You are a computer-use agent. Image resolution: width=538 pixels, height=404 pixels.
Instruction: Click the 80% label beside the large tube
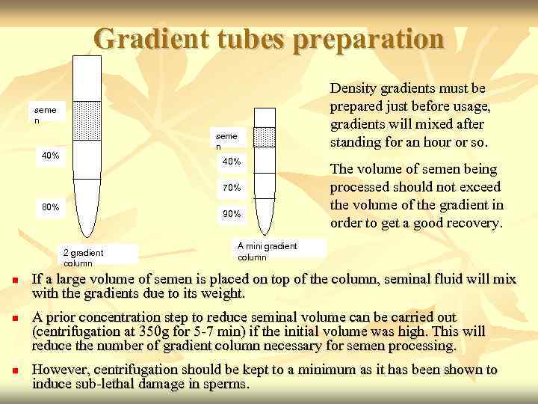point(49,207)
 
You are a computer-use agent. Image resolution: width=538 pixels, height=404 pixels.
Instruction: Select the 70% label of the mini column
point(232,187)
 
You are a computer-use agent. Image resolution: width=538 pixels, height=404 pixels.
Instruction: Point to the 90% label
point(232,214)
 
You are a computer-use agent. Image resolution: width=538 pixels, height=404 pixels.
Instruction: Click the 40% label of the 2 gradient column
point(50,156)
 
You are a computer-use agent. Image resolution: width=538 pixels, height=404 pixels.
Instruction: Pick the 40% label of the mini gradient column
point(232,162)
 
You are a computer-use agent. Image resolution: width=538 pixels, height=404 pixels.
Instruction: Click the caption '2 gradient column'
point(84,257)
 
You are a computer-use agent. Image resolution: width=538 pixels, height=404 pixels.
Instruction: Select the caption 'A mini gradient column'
point(267,251)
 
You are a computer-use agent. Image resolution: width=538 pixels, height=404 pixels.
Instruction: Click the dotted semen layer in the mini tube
point(262,138)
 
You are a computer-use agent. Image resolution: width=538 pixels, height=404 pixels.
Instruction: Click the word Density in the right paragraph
point(356,89)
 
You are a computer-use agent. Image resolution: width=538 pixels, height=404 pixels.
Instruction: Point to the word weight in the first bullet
point(222,293)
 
